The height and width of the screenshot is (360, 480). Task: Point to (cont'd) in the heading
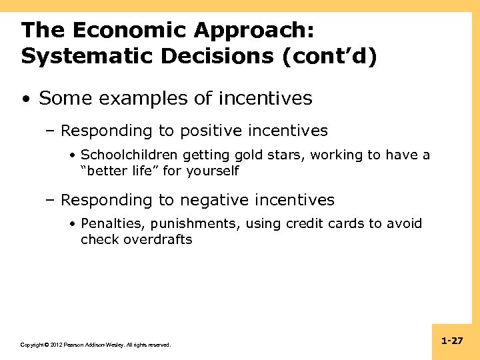coord(330,57)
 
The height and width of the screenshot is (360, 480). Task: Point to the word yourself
coord(213,171)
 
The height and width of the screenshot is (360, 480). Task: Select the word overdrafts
coord(158,239)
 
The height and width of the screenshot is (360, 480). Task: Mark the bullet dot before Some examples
coord(25,99)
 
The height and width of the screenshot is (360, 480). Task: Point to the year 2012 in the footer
coord(57,345)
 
